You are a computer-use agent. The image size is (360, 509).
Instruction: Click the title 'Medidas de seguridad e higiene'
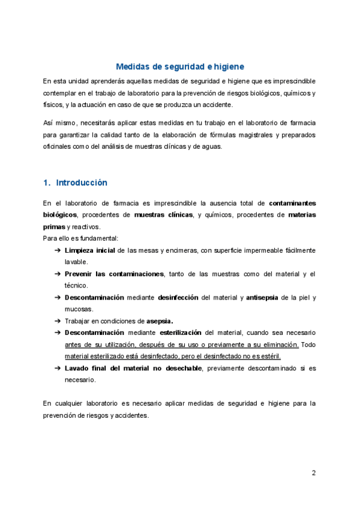point(180,67)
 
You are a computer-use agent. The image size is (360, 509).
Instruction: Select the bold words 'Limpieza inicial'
point(89,250)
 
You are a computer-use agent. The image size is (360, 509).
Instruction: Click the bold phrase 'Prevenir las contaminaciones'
point(114,274)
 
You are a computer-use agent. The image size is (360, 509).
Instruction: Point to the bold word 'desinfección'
point(179,297)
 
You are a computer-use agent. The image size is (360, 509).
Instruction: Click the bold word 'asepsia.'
point(164,321)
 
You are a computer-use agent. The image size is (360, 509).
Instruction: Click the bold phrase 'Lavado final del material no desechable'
point(133,367)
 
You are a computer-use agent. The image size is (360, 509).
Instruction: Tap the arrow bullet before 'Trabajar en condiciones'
point(57,321)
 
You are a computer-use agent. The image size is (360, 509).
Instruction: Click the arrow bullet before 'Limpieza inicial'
point(57,250)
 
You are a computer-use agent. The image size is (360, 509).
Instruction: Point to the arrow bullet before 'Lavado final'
point(57,367)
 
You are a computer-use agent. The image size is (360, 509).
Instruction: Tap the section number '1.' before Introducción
point(47,182)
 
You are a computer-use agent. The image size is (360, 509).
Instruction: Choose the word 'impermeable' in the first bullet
point(264,250)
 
